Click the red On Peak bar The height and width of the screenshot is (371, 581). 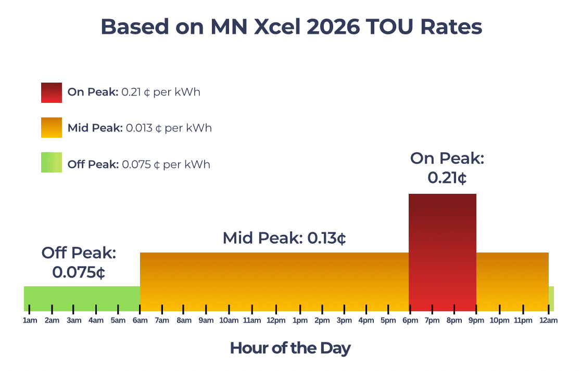[x=443, y=252]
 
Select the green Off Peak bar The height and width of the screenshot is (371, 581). [x=82, y=298]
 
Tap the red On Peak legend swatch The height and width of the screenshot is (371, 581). [x=52, y=92]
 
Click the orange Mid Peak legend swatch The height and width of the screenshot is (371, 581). [x=52, y=128]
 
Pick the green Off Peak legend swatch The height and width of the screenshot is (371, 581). [x=52, y=163]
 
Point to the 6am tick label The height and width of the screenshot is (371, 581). [x=140, y=320]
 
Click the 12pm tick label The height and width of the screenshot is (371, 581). [x=276, y=320]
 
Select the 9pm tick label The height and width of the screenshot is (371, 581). [x=476, y=320]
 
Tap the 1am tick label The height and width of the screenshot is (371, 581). [x=30, y=320]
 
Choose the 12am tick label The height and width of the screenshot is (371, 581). [x=548, y=320]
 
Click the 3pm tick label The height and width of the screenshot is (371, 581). [x=344, y=320]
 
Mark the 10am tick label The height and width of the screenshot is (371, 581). [x=229, y=320]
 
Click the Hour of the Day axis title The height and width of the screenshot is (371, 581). [x=290, y=348]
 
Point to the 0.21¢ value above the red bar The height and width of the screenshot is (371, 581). [x=447, y=178]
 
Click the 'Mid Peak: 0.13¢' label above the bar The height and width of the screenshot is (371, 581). [x=284, y=238]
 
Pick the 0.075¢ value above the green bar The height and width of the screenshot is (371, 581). [x=79, y=273]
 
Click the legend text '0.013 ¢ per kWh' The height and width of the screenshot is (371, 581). [x=169, y=128]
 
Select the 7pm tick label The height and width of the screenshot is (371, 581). [x=432, y=320]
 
